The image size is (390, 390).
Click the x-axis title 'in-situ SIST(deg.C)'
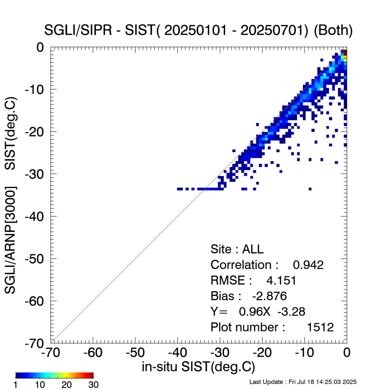199,367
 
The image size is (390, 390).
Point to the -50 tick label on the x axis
135,353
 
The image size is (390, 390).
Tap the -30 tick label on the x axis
220,353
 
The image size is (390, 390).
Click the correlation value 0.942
308,265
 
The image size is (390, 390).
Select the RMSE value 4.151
281,280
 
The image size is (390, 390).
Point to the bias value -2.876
269,296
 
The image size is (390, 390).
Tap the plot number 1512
321,327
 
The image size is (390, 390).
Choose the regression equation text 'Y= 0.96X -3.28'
258,311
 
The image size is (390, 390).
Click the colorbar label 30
93,385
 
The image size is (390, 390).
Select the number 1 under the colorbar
16,385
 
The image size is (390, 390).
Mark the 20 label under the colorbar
67,385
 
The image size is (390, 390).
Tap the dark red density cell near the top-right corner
345,52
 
